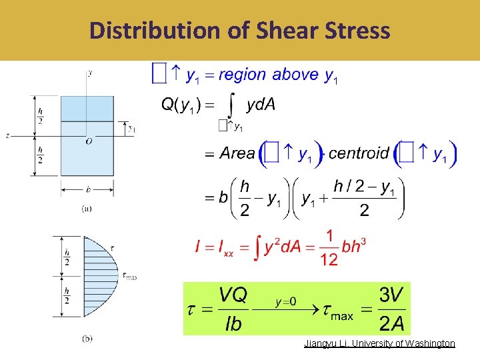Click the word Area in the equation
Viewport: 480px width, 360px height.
[x=237, y=153]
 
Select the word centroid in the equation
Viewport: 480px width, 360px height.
[x=359, y=153]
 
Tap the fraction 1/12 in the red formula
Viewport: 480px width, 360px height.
[x=329, y=248]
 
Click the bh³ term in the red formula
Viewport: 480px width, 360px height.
[x=353, y=247]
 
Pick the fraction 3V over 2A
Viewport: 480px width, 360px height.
[x=391, y=309]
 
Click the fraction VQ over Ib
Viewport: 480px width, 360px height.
[x=233, y=309]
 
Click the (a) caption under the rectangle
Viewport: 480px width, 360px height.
[x=87, y=208]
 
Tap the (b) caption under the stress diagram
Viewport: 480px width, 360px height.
[x=87, y=339]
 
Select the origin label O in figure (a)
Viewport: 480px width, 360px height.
[x=89, y=141]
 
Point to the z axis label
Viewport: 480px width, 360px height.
[x=7, y=135]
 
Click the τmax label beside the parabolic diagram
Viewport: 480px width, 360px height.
[x=129, y=276]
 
